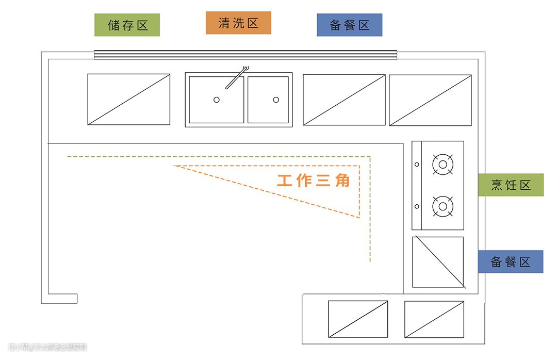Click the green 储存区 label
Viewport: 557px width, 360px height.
tap(127, 25)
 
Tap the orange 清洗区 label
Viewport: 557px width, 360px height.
tap(238, 23)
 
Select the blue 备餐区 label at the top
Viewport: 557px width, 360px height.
tap(349, 25)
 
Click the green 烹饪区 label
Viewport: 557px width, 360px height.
tap(511, 185)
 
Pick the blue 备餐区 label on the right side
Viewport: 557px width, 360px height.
tap(510, 261)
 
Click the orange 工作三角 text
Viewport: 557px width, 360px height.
tap(314, 181)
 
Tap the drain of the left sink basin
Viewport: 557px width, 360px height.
tap(217, 100)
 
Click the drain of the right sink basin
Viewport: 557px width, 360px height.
tap(276, 100)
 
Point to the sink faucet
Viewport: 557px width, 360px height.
tap(236, 78)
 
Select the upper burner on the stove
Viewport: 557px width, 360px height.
tap(443, 165)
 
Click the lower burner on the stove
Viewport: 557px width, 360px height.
tap(443, 206)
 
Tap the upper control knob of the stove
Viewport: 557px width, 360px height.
tap(417, 165)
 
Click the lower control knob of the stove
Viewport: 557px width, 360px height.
tap(417, 207)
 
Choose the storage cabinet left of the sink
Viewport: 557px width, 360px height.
tap(128, 99)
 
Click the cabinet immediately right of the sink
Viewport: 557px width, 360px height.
tap(344, 100)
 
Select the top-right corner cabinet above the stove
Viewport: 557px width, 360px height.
tap(430, 100)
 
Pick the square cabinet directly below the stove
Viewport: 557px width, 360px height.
tap(438, 262)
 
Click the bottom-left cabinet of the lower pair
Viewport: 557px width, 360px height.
tap(358, 319)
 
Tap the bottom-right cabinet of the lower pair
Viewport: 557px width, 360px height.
tap(434, 319)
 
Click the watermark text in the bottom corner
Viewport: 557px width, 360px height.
tap(47, 347)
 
